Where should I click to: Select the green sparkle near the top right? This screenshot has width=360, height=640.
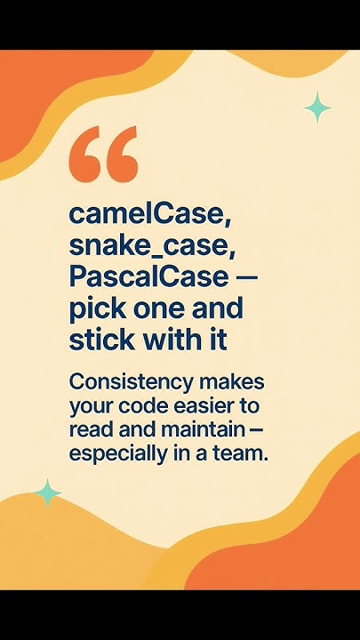coord(317,108)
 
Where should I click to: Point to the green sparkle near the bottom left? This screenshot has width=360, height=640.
coord(47,493)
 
